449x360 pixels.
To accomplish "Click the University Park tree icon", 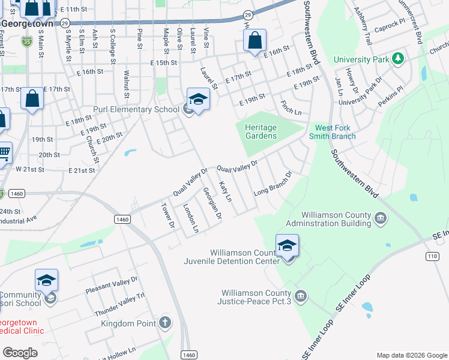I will tap(396, 59).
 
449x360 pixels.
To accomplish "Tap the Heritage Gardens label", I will tap(261, 131).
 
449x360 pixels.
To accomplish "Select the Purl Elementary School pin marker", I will tap(198, 100).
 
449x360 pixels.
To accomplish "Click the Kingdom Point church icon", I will tap(166, 323).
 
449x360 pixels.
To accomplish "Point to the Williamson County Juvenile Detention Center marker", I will tap(288, 246).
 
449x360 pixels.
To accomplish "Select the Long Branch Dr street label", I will tap(273, 184).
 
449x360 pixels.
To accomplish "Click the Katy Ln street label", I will tap(225, 191).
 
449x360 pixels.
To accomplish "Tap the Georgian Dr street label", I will tap(212, 203).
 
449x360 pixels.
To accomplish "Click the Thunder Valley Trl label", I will tap(120, 304).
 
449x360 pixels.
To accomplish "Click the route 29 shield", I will tap(248, 14).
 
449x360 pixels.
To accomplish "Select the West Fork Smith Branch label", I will tap(336, 132).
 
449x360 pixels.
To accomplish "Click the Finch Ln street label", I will tap(291, 108).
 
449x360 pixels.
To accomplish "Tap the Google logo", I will tap(20, 353).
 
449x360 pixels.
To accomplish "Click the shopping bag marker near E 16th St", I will tap(255, 41).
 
